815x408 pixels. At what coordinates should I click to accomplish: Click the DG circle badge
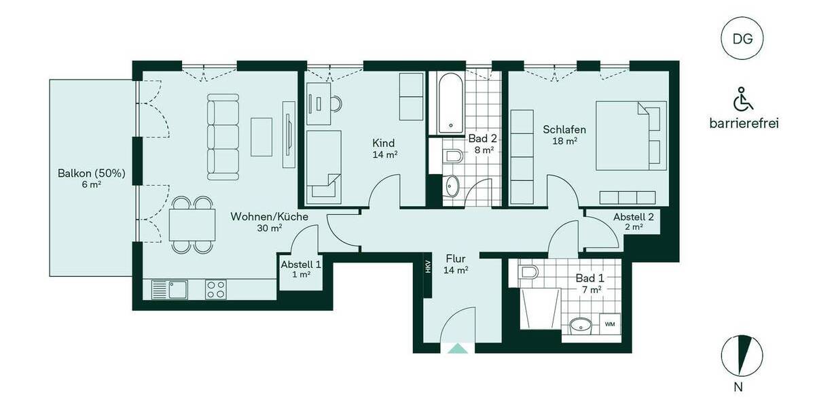tap(742, 38)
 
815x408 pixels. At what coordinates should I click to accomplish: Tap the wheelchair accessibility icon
tap(743, 101)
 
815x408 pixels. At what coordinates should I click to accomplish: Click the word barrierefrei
tap(743, 124)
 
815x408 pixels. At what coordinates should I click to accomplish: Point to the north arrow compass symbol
tap(742, 356)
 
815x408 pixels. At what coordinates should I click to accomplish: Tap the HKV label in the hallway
tap(428, 267)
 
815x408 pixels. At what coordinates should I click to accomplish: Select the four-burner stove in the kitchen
tap(216, 290)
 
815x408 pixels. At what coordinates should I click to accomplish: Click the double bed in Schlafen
tap(629, 135)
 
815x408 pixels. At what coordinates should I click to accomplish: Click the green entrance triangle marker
tap(458, 348)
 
